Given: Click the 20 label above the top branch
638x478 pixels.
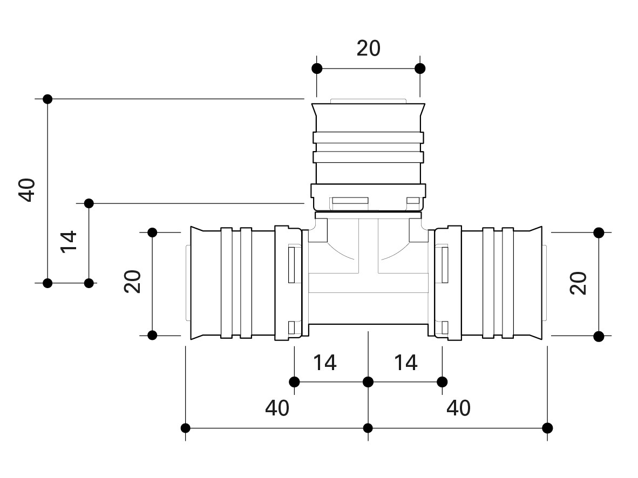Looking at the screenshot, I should click(x=369, y=49).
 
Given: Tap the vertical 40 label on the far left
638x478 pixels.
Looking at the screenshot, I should click(x=27, y=189).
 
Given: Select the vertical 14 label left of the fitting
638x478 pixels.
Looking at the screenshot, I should click(x=69, y=242).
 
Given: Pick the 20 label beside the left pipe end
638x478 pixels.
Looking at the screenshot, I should click(x=132, y=282).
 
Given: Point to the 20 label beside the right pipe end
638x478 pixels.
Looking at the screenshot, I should click(x=578, y=283).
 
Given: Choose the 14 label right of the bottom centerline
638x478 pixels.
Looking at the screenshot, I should click(x=405, y=363).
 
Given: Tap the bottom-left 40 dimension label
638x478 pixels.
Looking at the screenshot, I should click(x=277, y=408).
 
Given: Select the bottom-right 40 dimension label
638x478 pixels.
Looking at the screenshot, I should click(x=459, y=408).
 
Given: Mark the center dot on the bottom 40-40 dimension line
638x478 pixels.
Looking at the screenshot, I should click(x=368, y=428).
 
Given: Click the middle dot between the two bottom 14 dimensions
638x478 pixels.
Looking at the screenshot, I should click(x=368, y=382).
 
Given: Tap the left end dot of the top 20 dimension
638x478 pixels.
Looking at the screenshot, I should click(x=317, y=69).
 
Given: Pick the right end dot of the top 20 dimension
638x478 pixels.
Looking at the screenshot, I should click(x=420, y=69).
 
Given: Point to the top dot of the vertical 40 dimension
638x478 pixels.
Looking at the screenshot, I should click(x=47, y=99).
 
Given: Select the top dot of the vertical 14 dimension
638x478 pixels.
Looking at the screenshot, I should click(x=89, y=203).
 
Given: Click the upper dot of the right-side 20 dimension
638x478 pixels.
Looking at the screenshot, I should click(x=599, y=233).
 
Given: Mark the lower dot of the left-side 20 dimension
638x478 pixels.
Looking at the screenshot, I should click(x=152, y=335).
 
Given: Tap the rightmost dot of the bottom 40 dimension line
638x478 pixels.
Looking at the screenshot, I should click(x=547, y=428).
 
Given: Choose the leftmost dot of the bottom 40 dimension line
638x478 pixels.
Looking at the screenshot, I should click(x=186, y=428).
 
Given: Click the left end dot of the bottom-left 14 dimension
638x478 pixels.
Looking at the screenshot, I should click(x=294, y=382).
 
